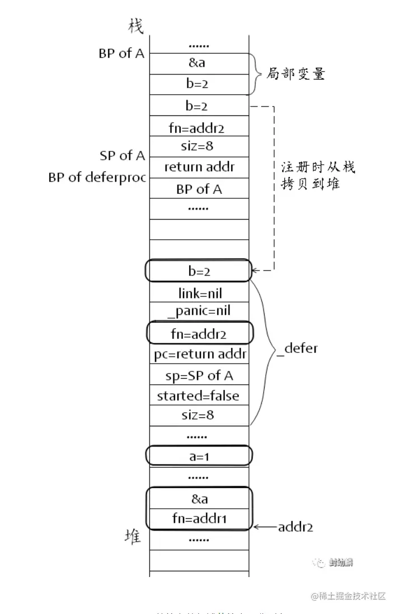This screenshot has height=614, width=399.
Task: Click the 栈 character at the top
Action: (135, 26)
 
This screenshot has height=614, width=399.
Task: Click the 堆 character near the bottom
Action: (133, 537)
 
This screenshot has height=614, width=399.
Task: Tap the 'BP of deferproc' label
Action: (96, 178)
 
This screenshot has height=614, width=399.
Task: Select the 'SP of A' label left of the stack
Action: (123, 156)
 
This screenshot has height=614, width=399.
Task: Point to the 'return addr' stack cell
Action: (199, 167)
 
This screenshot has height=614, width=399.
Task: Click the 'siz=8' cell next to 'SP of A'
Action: (199, 146)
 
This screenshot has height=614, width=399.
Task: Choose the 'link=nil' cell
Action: (199, 293)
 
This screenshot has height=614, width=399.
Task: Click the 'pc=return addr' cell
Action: (200, 355)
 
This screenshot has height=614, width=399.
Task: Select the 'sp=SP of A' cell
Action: (199, 375)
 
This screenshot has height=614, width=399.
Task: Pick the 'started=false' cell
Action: (198, 396)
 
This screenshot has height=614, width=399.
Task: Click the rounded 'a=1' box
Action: (199, 457)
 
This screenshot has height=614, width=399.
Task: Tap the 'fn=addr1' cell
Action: (199, 518)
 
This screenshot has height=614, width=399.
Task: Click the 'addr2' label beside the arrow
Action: (295, 527)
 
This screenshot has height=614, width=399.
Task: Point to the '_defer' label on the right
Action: (297, 348)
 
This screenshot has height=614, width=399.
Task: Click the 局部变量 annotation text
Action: (298, 74)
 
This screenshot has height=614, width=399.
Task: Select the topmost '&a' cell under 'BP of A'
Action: (199, 63)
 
